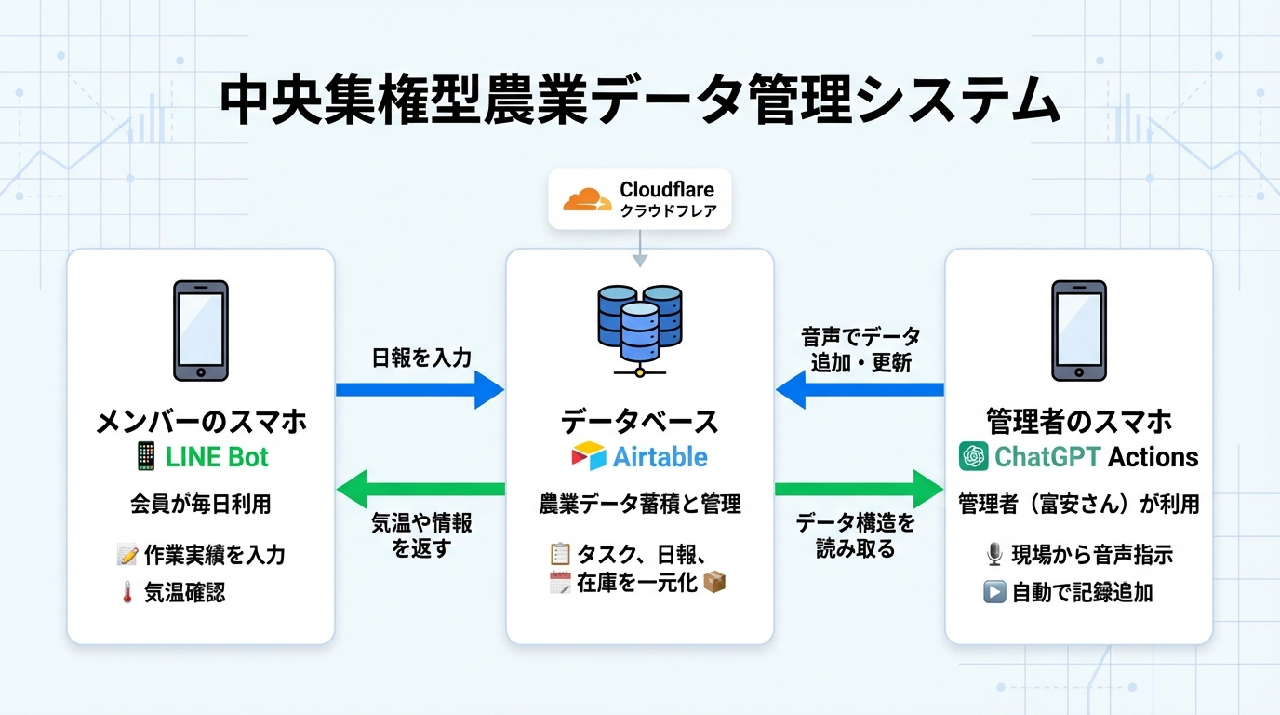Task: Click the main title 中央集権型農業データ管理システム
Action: pyautogui.click(x=639, y=101)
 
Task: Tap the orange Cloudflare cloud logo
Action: pyautogui.click(x=587, y=199)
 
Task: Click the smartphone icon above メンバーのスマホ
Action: pyautogui.click(x=201, y=331)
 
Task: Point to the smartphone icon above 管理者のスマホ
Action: pyautogui.click(x=1078, y=331)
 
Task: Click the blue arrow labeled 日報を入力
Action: pyautogui.click(x=419, y=389)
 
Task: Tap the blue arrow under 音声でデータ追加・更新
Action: pyautogui.click(x=860, y=389)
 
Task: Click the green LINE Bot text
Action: pyautogui.click(x=217, y=457)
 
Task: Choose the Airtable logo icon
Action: pyautogui.click(x=588, y=457)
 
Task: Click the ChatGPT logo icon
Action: pyautogui.click(x=973, y=457)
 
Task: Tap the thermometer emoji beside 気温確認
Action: pyautogui.click(x=127, y=593)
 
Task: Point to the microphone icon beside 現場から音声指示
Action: pyautogui.click(x=993, y=556)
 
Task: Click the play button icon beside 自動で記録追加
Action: pyautogui.click(x=993, y=592)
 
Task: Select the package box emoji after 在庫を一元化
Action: pyautogui.click(x=714, y=583)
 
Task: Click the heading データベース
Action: pyautogui.click(x=639, y=422)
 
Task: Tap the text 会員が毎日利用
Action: pyautogui.click(x=201, y=505)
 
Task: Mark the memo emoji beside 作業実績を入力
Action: pyautogui.click(x=127, y=556)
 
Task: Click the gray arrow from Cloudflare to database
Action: pyautogui.click(x=640, y=249)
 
